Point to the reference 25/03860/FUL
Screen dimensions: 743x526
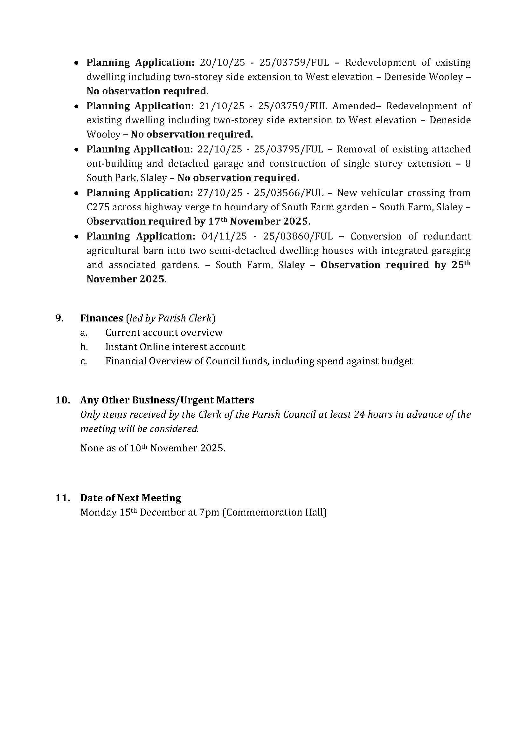click(x=298, y=236)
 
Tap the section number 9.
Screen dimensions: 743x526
click(x=59, y=318)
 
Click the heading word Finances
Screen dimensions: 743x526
click(x=101, y=318)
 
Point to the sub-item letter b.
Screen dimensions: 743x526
click(x=84, y=347)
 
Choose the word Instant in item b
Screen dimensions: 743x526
click(x=121, y=347)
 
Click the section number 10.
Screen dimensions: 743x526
click(x=63, y=400)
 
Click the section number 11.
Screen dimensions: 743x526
click(x=63, y=498)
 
